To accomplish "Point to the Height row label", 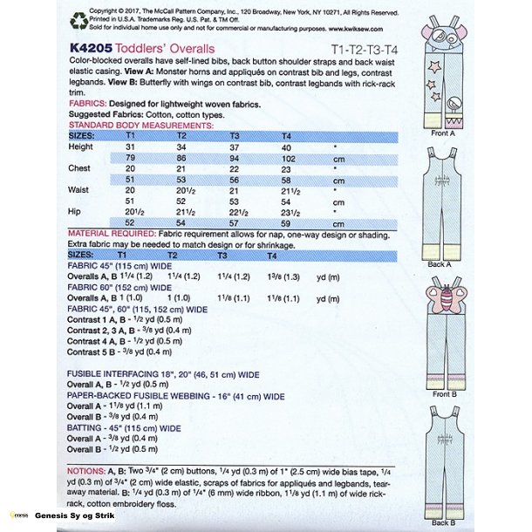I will tap(80, 147).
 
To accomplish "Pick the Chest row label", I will tap(79, 168).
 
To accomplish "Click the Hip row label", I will tap(75, 211).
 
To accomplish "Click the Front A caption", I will tap(442, 133).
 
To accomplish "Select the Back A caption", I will tap(440, 263).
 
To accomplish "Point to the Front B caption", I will tap(442, 394).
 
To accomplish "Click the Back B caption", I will tap(442, 522).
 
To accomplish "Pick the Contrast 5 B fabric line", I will tap(122, 351).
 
